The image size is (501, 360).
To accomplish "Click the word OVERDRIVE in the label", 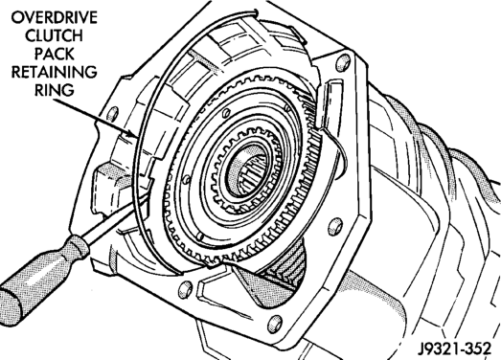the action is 54,17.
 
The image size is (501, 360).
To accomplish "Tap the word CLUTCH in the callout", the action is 54,35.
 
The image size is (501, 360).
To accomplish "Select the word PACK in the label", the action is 55,54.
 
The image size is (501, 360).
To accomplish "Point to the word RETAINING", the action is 54,72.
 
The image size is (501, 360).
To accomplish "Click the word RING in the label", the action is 55,90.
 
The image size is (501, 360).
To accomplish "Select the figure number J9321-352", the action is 454,349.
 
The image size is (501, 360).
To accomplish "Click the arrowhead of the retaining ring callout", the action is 133,134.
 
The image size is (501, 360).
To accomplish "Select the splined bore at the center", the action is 246,169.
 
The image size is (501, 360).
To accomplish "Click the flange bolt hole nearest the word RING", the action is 112,114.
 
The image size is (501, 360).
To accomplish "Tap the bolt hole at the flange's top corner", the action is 343,62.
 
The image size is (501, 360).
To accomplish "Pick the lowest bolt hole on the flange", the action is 275,324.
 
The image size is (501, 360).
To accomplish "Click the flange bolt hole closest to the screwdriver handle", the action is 185,289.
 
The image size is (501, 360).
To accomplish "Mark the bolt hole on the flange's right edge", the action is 335,226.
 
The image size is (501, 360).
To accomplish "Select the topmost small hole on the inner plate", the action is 226,112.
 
